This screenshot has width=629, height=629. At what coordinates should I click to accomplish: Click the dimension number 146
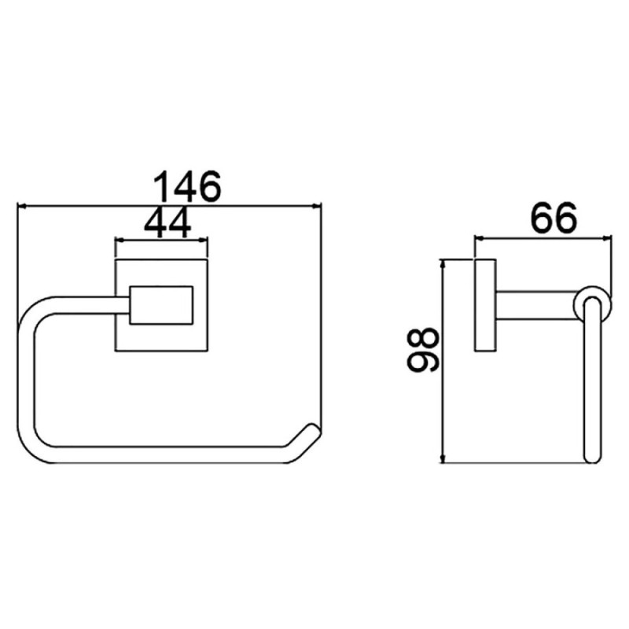click(x=187, y=187)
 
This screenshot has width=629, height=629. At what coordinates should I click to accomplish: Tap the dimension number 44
click(x=167, y=224)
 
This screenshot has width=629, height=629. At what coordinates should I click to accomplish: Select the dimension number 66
click(x=554, y=219)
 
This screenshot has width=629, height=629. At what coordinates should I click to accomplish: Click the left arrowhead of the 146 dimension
click(x=21, y=206)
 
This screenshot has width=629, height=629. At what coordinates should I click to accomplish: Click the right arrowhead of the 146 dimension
click(x=318, y=206)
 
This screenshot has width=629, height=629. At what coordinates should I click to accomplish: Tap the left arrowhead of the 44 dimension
click(x=120, y=241)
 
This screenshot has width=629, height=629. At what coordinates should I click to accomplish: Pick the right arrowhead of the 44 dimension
click(x=204, y=241)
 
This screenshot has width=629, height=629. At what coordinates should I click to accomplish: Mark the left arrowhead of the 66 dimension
click(x=480, y=239)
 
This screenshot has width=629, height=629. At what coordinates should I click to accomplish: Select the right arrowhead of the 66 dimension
click(x=608, y=239)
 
